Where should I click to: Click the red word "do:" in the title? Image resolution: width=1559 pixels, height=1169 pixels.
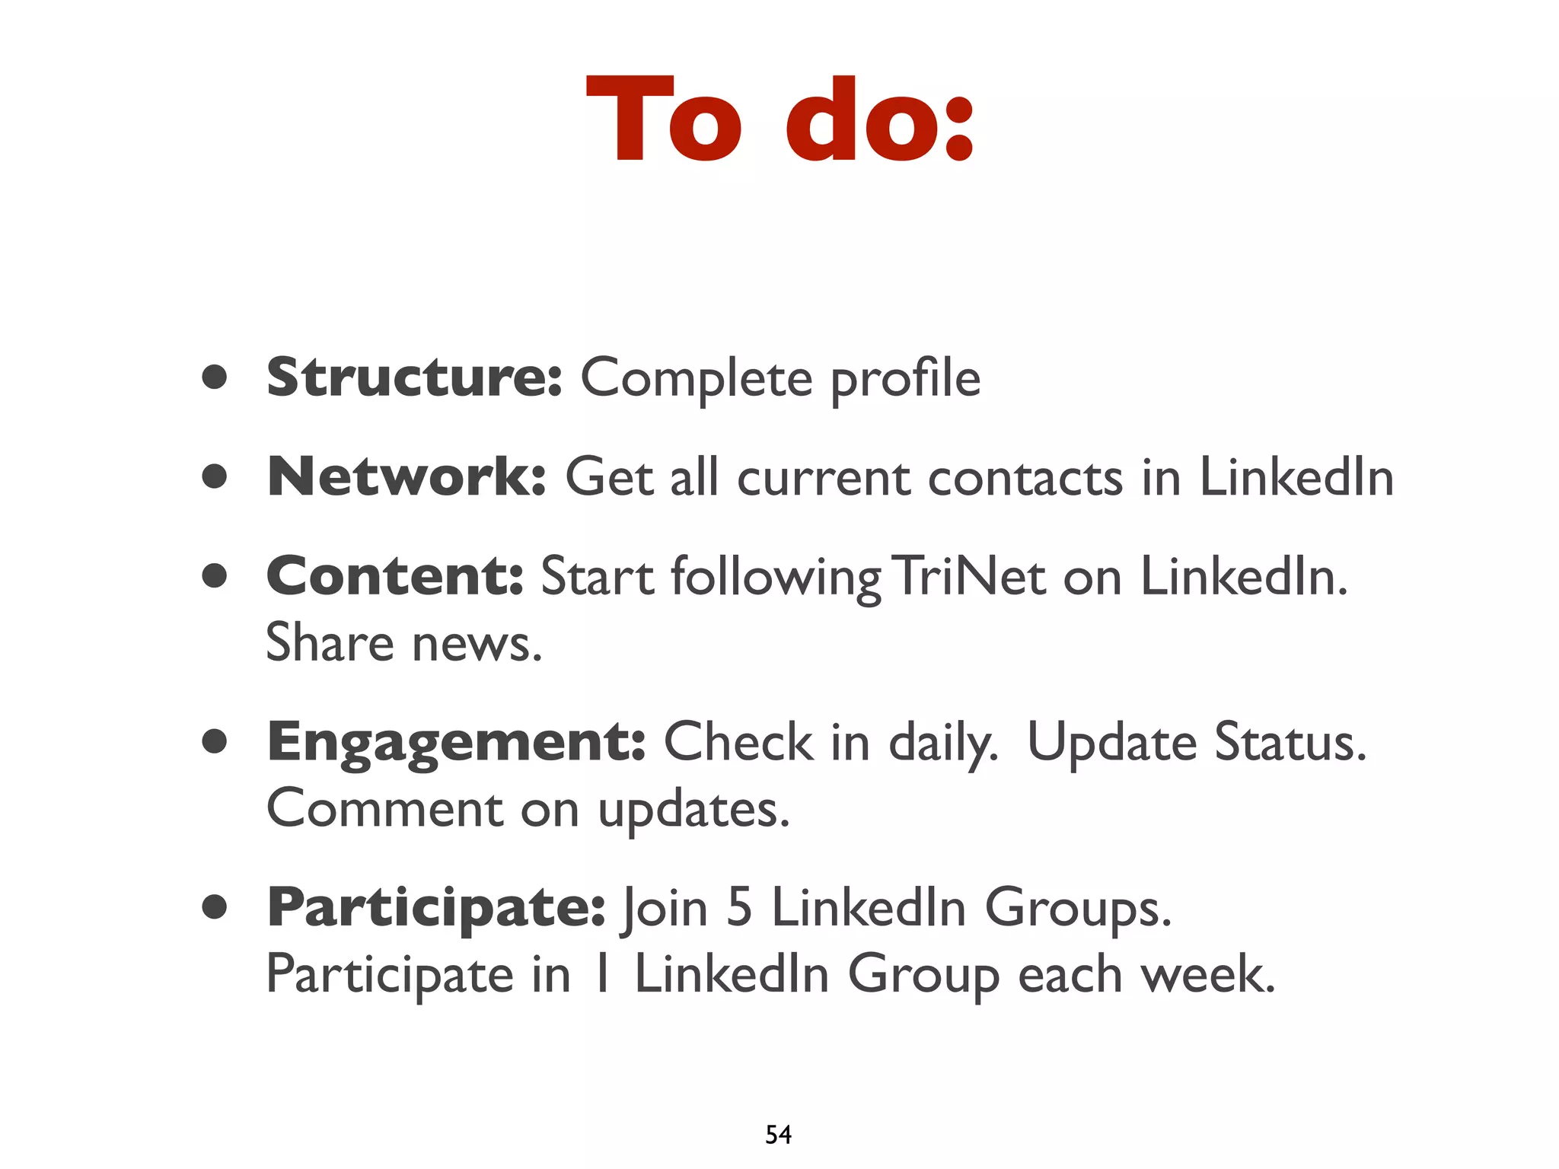coord(880,120)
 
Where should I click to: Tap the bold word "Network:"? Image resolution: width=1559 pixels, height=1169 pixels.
coord(406,477)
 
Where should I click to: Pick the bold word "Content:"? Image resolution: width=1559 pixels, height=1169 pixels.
coord(395,576)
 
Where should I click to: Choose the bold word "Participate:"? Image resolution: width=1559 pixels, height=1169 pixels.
coord(436,908)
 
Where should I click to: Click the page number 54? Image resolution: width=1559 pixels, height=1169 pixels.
coord(778,1135)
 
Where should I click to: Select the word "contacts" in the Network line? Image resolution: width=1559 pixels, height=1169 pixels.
coord(1025,478)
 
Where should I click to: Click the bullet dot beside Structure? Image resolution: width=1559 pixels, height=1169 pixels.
coord(215,376)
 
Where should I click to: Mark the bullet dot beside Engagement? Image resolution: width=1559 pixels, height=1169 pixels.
coord(215,741)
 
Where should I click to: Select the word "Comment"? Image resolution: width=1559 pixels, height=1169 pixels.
coord(384,809)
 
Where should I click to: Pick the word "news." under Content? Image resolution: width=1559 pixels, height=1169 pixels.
coord(477,643)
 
